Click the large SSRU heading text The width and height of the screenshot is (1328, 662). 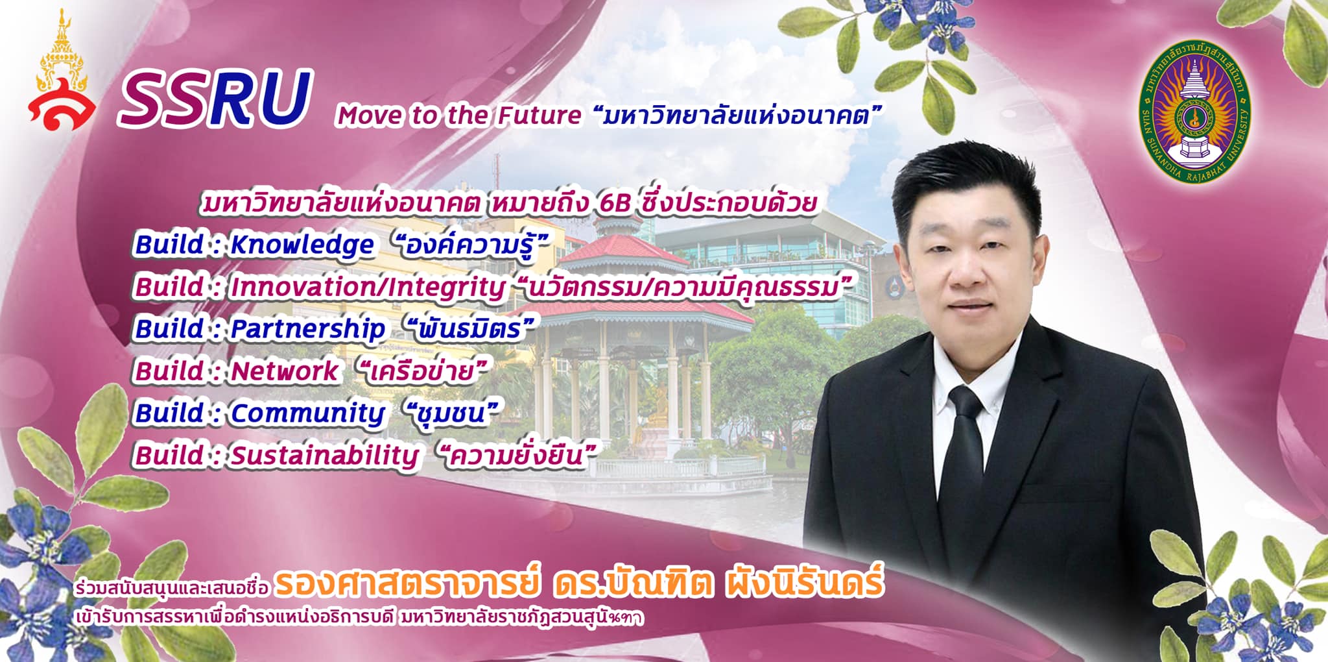pos(215,99)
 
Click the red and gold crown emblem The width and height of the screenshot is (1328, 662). pos(61,71)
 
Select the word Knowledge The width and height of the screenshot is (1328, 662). pos(302,245)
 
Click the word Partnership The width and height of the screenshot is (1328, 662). pos(308,329)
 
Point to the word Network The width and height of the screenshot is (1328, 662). pos(285,371)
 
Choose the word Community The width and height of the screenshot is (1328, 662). pos(308,413)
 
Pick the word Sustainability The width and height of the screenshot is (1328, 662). pos(325,456)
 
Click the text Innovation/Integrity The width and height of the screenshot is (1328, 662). pos(368,288)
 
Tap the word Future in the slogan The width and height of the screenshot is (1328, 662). pos(539,116)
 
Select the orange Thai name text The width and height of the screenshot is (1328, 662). pos(579,582)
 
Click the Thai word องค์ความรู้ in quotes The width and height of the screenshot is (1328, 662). pos(472,245)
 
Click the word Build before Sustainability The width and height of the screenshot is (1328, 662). pos(170,455)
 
